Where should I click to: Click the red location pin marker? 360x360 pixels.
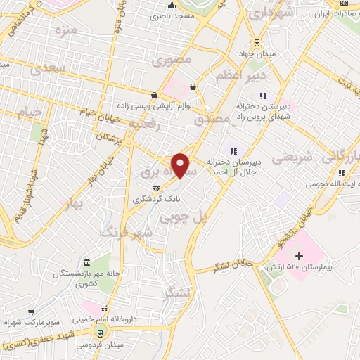pos(181,165)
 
